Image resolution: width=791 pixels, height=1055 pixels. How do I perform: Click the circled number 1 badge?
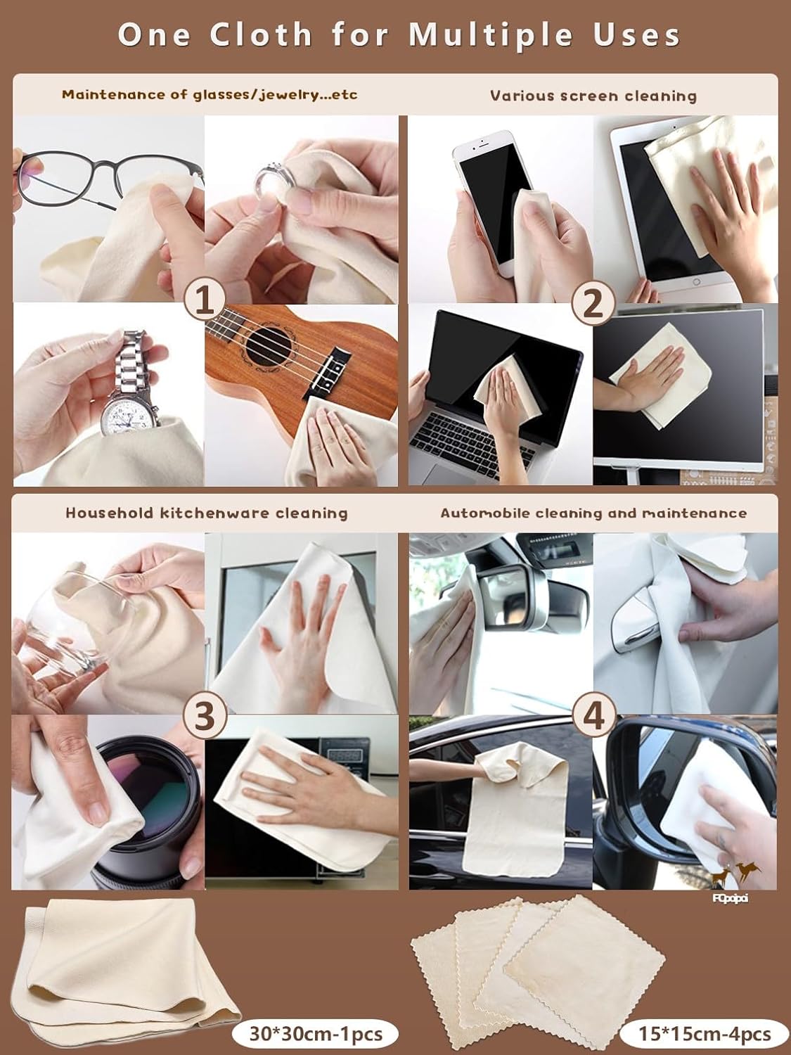(x=205, y=303)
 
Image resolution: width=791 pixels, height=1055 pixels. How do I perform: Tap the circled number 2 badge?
(x=594, y=303)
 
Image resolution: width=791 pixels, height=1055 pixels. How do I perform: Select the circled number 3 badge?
(x=205, y=716)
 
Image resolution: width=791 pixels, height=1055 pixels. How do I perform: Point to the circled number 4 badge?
(x=594, y=716)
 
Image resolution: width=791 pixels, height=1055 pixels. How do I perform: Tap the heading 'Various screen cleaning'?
(x=593, y=96)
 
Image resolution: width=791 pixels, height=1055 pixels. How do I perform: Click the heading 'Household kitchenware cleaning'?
(x=207, y=513)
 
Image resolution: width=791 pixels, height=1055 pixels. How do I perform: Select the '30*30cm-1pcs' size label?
(x=316, y=1033)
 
